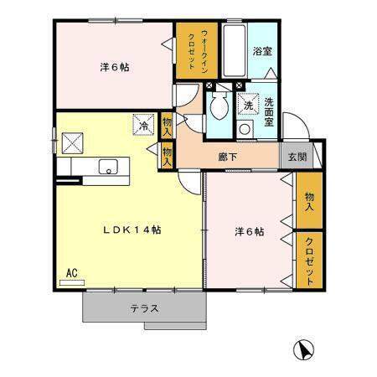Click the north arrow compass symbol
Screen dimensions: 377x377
click(304, 350)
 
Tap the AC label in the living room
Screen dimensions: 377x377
click(72, 273)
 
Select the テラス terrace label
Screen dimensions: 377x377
click(145, 309)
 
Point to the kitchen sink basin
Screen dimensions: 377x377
click(108, 167)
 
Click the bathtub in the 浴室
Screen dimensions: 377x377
click(235, 50)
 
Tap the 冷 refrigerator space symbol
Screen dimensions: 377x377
click(143, 125)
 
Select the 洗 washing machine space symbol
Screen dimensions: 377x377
click(248, 104)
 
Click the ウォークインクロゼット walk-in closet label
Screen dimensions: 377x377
click(197, 51)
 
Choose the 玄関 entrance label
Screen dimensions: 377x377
click(297, 157)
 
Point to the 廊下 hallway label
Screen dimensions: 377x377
click(228, 158)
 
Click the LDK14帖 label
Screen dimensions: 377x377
click(132, 230)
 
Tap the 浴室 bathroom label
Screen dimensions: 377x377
click(262, 51)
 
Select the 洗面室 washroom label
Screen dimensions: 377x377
click(269, 112)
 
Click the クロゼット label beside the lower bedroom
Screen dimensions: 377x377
click(309, 261)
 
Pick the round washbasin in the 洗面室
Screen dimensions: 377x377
click(245, 129)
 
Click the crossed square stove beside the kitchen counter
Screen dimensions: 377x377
click(73, 143)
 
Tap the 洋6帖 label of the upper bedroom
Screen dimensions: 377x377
click(115, 67)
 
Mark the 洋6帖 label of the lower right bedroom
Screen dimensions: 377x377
click(250, 231)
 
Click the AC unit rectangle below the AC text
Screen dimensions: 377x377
click(72, 282)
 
